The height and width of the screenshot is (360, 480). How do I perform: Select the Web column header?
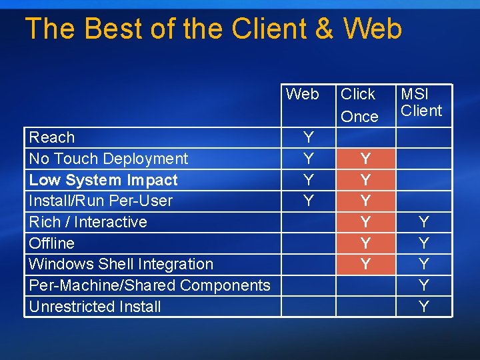pos(303,94)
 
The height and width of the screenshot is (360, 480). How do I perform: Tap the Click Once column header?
pos(359,105)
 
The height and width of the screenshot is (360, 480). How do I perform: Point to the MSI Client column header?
pos(421,102)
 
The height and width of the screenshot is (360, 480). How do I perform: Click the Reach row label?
pos(52,137)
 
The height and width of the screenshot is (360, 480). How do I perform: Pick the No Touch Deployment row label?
pos(109,159)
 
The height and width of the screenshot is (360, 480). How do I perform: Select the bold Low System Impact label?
pos(103,180)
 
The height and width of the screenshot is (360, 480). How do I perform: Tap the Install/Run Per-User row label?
pos(101,201)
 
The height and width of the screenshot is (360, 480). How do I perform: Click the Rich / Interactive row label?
pos(88,222)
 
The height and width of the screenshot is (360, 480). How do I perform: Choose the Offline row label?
pos(52,243)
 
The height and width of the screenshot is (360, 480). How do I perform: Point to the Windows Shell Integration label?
pos(121,264)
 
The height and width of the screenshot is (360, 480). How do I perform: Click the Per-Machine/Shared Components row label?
pos(150,285)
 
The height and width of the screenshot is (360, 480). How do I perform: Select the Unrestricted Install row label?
pos(95,307)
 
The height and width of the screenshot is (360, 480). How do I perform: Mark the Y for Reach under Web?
pos(308,137)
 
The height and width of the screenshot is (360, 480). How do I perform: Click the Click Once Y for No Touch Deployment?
pos(365,159)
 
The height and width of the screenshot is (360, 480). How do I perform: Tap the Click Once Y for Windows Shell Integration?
pos(365,264)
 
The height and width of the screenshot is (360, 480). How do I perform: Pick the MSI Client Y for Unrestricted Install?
pos(423,307)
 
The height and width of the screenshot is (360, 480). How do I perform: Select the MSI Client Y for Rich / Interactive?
pos(423,222)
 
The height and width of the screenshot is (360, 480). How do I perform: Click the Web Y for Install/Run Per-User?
pos(308,201)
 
